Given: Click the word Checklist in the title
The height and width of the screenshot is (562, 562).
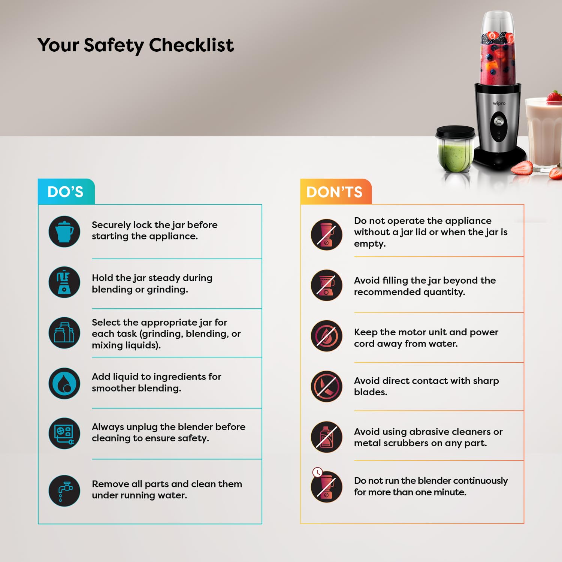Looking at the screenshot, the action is coord(191,45).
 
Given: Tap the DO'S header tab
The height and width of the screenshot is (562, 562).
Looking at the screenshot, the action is coord(66,191).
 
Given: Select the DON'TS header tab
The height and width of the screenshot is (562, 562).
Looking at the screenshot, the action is coord(335,191).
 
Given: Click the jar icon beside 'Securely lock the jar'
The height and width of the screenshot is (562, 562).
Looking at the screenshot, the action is coord(64,232).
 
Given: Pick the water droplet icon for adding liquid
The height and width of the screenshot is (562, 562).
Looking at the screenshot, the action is coord(64,383).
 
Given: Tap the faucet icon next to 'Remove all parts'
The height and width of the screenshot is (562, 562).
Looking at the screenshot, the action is coord(64,491).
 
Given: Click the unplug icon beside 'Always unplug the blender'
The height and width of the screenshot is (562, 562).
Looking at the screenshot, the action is coord(64,433).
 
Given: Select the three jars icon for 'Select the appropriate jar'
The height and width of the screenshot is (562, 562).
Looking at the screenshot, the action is coord(64,333).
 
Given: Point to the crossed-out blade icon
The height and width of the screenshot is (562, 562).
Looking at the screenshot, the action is coord(326,387).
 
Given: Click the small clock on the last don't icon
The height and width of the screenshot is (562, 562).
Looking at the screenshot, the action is coord(317,472).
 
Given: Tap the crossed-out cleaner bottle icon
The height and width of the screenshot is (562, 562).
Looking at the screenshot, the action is coord(326,437).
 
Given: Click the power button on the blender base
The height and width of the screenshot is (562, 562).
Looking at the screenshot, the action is coord(499,121).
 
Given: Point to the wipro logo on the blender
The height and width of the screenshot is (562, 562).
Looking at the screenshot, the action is coord(499,103).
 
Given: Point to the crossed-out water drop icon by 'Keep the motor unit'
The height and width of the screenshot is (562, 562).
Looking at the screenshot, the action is coord(326,336).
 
